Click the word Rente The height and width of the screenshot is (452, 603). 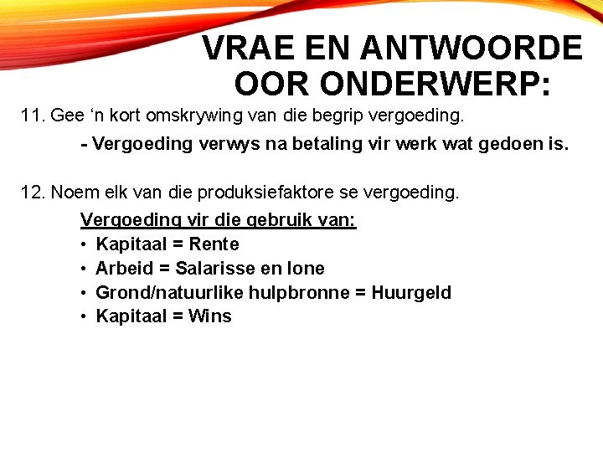[x=214, y=244]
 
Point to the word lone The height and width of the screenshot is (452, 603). [x=306, y=269]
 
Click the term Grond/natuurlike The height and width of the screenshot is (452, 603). [x=162, y=293]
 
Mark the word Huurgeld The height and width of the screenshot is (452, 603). [x=412, y=293]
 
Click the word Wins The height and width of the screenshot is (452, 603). [x=210, y=316]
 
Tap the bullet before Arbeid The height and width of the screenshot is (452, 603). [x=85, y=269]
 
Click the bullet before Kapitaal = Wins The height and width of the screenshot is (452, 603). [x=85, y=316]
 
